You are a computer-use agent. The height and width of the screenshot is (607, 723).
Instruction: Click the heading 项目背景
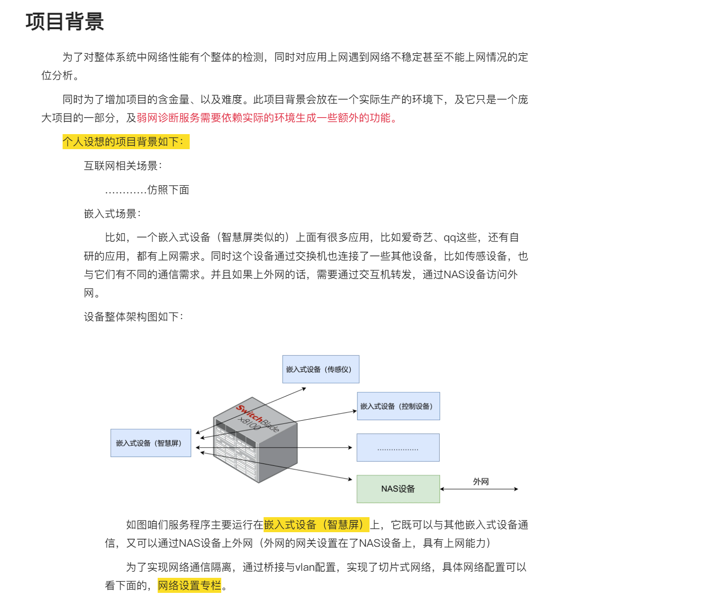[x=64, y=22]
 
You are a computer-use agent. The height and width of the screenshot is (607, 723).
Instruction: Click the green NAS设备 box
[x=398, y=489]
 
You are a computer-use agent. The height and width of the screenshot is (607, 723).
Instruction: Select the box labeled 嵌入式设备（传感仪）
[x=321, y=369]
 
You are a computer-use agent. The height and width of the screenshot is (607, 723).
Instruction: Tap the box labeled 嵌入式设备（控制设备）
[x=398, y=406]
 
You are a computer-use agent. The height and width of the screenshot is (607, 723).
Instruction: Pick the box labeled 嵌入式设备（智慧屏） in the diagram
[x=151, y=443]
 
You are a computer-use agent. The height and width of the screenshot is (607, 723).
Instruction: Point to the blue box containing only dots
[x=398, y=447]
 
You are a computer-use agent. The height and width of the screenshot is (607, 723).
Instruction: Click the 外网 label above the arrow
[x=481, y=481]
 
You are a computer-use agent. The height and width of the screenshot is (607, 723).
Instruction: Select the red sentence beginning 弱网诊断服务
[x=266, y=118]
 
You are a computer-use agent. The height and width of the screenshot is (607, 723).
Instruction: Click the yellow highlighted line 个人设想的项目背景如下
[x=126, y=142]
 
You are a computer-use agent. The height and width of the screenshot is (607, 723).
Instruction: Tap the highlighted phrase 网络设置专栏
[x=189, y=585]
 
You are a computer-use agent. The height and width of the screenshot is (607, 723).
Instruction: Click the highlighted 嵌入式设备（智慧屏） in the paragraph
[x=316, y=525]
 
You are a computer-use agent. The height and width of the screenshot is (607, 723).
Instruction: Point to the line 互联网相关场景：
[x=123, y=166]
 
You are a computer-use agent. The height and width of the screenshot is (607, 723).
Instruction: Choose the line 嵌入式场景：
[x=112, y=214]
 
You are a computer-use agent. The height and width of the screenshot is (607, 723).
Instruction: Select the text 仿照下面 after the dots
[x=168, y=190]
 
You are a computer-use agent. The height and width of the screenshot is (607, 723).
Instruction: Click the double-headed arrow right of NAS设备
[x=479, y=489]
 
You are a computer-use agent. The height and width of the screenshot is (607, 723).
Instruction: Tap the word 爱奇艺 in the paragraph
[x=417, y=237]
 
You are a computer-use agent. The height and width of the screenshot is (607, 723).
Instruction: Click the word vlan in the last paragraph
[x=305, y=567]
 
